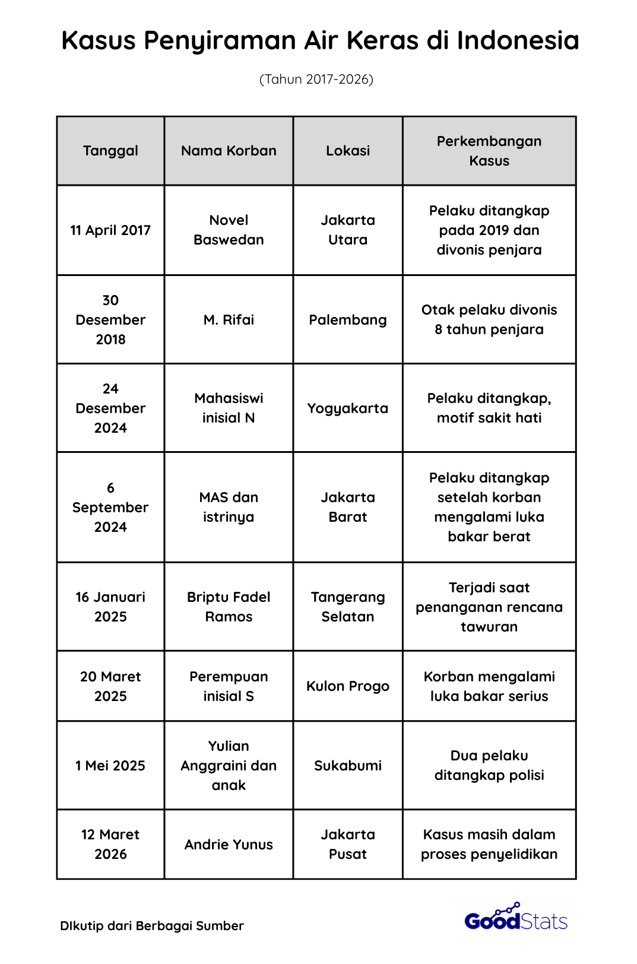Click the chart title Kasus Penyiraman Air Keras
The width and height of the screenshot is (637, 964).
pyautogui.click(x=320, y=40)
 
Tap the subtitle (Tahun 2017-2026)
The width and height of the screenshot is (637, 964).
pyautogui.click(x=316, y=80)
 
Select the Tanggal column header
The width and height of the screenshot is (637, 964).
pyautogui.click(x=110, y=151)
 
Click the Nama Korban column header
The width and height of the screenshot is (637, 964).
pyautogui.click(x=229, y=151)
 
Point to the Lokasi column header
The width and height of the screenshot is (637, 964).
pyautogui.click(x=348, y=151)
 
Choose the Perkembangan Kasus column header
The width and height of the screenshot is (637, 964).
pyautogui.click(x=489, y=151)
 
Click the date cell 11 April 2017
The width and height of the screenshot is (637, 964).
pyautogui.click(x=110, y=230)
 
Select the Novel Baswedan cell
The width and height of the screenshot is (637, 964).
pyautogui.click(x=229, y=230)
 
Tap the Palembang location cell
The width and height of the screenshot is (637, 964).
pyautogui.click(x=348, y=320)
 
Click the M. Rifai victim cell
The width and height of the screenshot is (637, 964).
pyautogui.click(x=229, y=320)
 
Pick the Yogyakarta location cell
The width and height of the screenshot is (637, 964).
pyautogui.click(x=348, y=408)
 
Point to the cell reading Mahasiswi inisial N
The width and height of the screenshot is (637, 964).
pyautogui.click(x=229, y=408)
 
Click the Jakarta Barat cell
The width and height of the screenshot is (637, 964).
pyautogui.click(x=348, y=508)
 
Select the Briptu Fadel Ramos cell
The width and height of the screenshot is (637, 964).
pyautogui.click(x=229, y=607)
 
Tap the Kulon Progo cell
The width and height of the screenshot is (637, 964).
pyautogui.click(x=348, y=686)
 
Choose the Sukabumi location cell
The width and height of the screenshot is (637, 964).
pyautogui.click(x=348, y=766)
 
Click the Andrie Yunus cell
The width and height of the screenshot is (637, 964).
pyautogui.click(x=229, y=845)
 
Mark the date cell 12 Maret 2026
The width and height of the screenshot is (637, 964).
pyautogui.click(x=110, y=845)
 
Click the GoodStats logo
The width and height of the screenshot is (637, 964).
pyautogui.click(x=516, y=918)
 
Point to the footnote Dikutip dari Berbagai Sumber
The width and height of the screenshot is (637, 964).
pyautogui.click(x=152, y=926)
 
